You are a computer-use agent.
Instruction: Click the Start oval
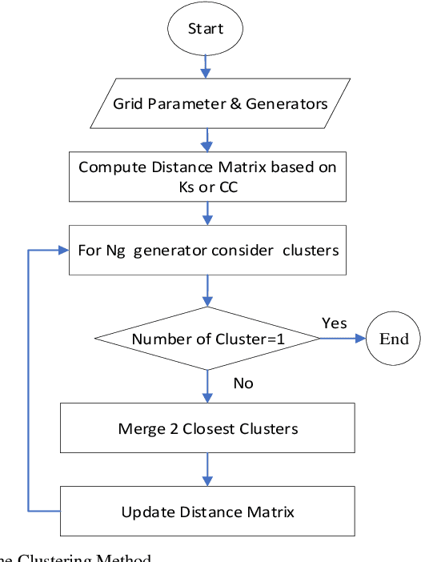point(206,29)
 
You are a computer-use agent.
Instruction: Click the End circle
point(393,339)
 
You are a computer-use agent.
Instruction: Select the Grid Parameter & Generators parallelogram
point(219,103)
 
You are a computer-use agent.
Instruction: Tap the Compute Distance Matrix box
point(207,176)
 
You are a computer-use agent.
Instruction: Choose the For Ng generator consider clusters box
point(208,250)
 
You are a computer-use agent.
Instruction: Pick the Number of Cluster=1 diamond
point(208,339)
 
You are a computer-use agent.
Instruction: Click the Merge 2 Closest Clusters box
point(208,428)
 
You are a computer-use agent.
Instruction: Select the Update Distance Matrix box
point(208,512)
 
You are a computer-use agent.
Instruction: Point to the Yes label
point(335,322)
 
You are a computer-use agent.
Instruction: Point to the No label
point(243,383)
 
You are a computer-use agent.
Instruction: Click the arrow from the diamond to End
point(343,339)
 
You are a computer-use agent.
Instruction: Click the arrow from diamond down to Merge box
point(208,387)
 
